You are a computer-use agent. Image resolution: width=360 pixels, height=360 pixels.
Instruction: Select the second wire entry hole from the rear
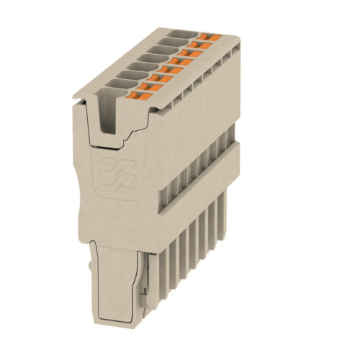167,42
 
